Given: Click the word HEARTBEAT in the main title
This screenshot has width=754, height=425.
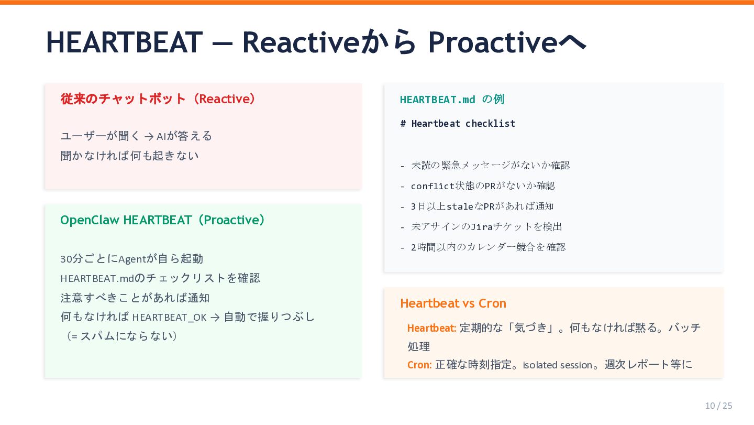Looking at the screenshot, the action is tap(124, 42).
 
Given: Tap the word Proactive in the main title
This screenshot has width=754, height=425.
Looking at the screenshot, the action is tap(493, 42).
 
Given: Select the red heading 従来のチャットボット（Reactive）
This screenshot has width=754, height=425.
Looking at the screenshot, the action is tap(158, 99).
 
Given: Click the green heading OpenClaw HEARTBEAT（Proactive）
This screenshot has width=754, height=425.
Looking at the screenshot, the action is tap(163, 220).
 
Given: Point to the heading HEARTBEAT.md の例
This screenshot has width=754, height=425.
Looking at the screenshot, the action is tap(452, 100).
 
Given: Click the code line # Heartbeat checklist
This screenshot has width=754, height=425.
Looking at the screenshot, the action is tap(458, 124).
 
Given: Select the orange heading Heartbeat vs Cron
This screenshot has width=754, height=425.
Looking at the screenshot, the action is tap(453, 303).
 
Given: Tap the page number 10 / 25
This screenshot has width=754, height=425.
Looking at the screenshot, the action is tap(718, 406).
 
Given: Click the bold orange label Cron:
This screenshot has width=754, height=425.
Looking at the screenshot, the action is tap(419, 365).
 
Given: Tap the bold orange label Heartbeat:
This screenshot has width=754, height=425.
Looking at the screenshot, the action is tap(431, 328).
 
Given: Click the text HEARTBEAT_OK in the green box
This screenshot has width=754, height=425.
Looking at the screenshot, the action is tap(169, 317).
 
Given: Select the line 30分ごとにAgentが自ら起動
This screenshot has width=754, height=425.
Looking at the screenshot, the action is tap(131, 259).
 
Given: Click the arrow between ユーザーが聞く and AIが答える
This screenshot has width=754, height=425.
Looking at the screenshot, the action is tap(149, 137).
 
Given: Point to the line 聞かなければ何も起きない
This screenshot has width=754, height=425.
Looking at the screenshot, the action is tap(130, 156).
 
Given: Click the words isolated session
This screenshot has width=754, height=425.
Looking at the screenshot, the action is tap(558, 365).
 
